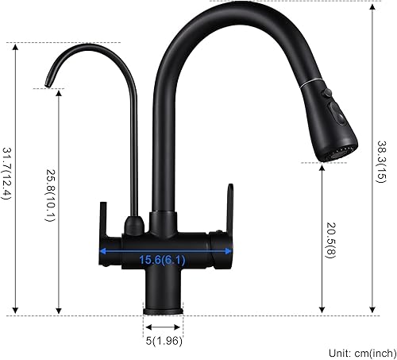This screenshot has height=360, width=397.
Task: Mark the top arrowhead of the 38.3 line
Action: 373,5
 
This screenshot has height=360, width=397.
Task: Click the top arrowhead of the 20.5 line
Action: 322,166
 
